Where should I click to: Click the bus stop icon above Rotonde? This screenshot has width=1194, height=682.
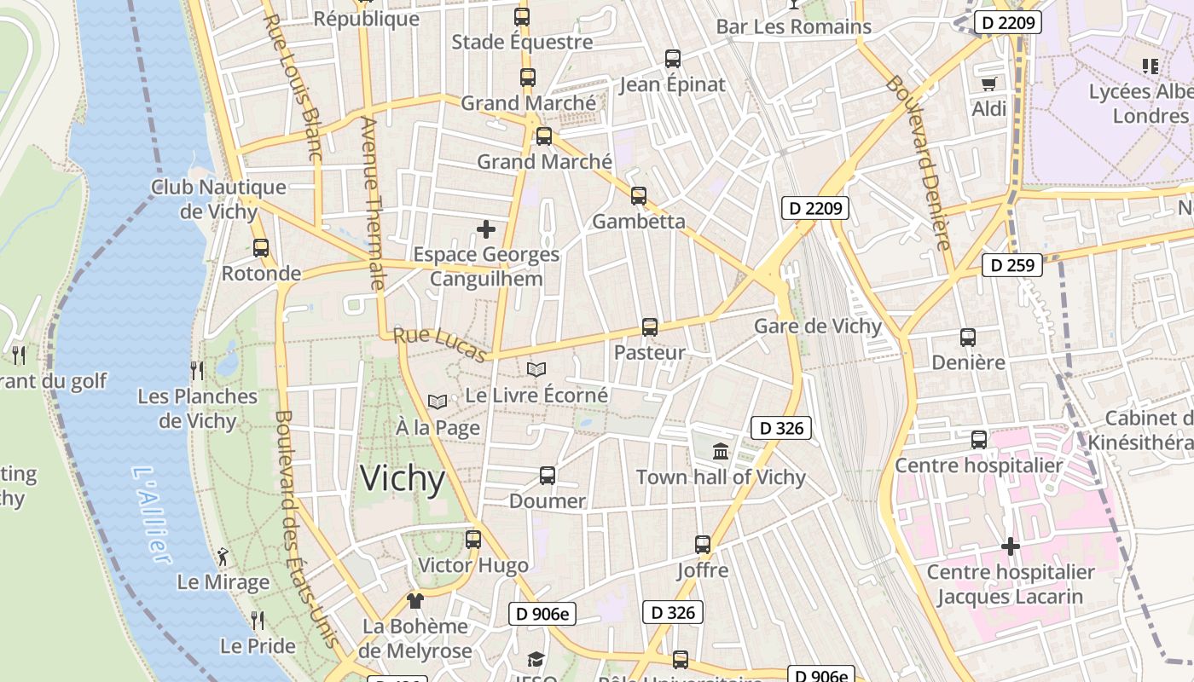[x=261, y=248]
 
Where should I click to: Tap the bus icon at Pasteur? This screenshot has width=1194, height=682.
[x=650, y=327]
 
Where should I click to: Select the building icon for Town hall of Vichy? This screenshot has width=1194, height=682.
[x=721, y=452]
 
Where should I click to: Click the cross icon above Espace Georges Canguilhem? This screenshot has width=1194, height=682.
[x=486, y=229]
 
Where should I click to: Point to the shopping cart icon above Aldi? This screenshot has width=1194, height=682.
[x=988, y=84]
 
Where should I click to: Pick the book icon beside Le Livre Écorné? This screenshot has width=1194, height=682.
[x=536, y=370]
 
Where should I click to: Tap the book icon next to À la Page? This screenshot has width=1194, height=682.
[x=438, y=402]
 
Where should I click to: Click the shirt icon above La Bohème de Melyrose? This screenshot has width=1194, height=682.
[x=415, y=601]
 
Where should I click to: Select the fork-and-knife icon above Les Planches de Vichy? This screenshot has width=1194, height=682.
[x=197, y=370]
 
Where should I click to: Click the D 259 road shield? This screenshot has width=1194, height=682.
[x=1013, y=265]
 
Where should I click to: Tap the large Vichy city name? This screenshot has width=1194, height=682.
[x=403, y=479]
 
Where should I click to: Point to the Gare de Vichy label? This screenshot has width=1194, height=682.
[x=818, y=327]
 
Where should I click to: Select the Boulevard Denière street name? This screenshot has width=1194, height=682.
[x=918, y=162]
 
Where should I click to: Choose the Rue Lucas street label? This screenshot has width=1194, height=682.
[x=440, y=345]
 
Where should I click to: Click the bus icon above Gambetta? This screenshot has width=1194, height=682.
[x=639, y=196]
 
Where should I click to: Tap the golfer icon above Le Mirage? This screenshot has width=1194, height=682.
[x=223, y=558]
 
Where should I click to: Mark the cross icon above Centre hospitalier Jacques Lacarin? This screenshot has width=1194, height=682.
[x=1011, y=546]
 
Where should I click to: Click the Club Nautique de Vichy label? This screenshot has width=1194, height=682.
[x=218, y=199]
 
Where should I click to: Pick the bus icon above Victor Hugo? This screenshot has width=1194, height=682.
[x=473, y=540]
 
